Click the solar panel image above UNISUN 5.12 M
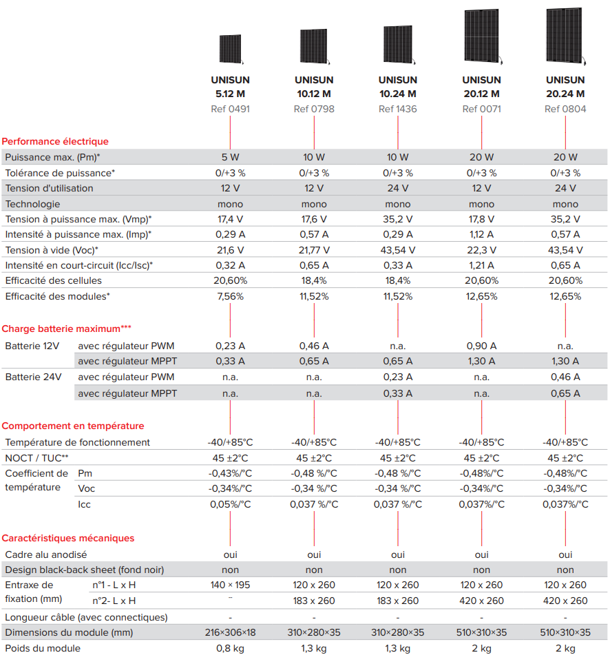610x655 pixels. point(231,50)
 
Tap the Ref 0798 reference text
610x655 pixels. point(314,109)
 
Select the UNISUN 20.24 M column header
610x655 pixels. point(565,87)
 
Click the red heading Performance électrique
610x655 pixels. point(55,142)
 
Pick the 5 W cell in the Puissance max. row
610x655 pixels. point(231,158)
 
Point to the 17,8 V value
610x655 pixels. point(481,219)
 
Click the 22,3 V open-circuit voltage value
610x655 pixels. point(481,250)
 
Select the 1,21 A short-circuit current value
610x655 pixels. point(481,266)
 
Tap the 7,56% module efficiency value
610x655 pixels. point(231,297)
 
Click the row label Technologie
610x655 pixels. point(32,205)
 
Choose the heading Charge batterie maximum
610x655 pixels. point(66,329)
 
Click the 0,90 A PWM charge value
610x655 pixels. point(481,346)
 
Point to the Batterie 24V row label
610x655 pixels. point(34,377)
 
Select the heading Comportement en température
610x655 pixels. point(73,426)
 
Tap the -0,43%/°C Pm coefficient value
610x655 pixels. point(231,474)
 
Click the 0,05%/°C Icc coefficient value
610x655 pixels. point(231,505)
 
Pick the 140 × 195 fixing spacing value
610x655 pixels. point(231,585)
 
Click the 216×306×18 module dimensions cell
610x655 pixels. point(231,633)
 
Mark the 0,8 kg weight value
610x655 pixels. point(231,649)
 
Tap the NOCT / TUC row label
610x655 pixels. point(36,458)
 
